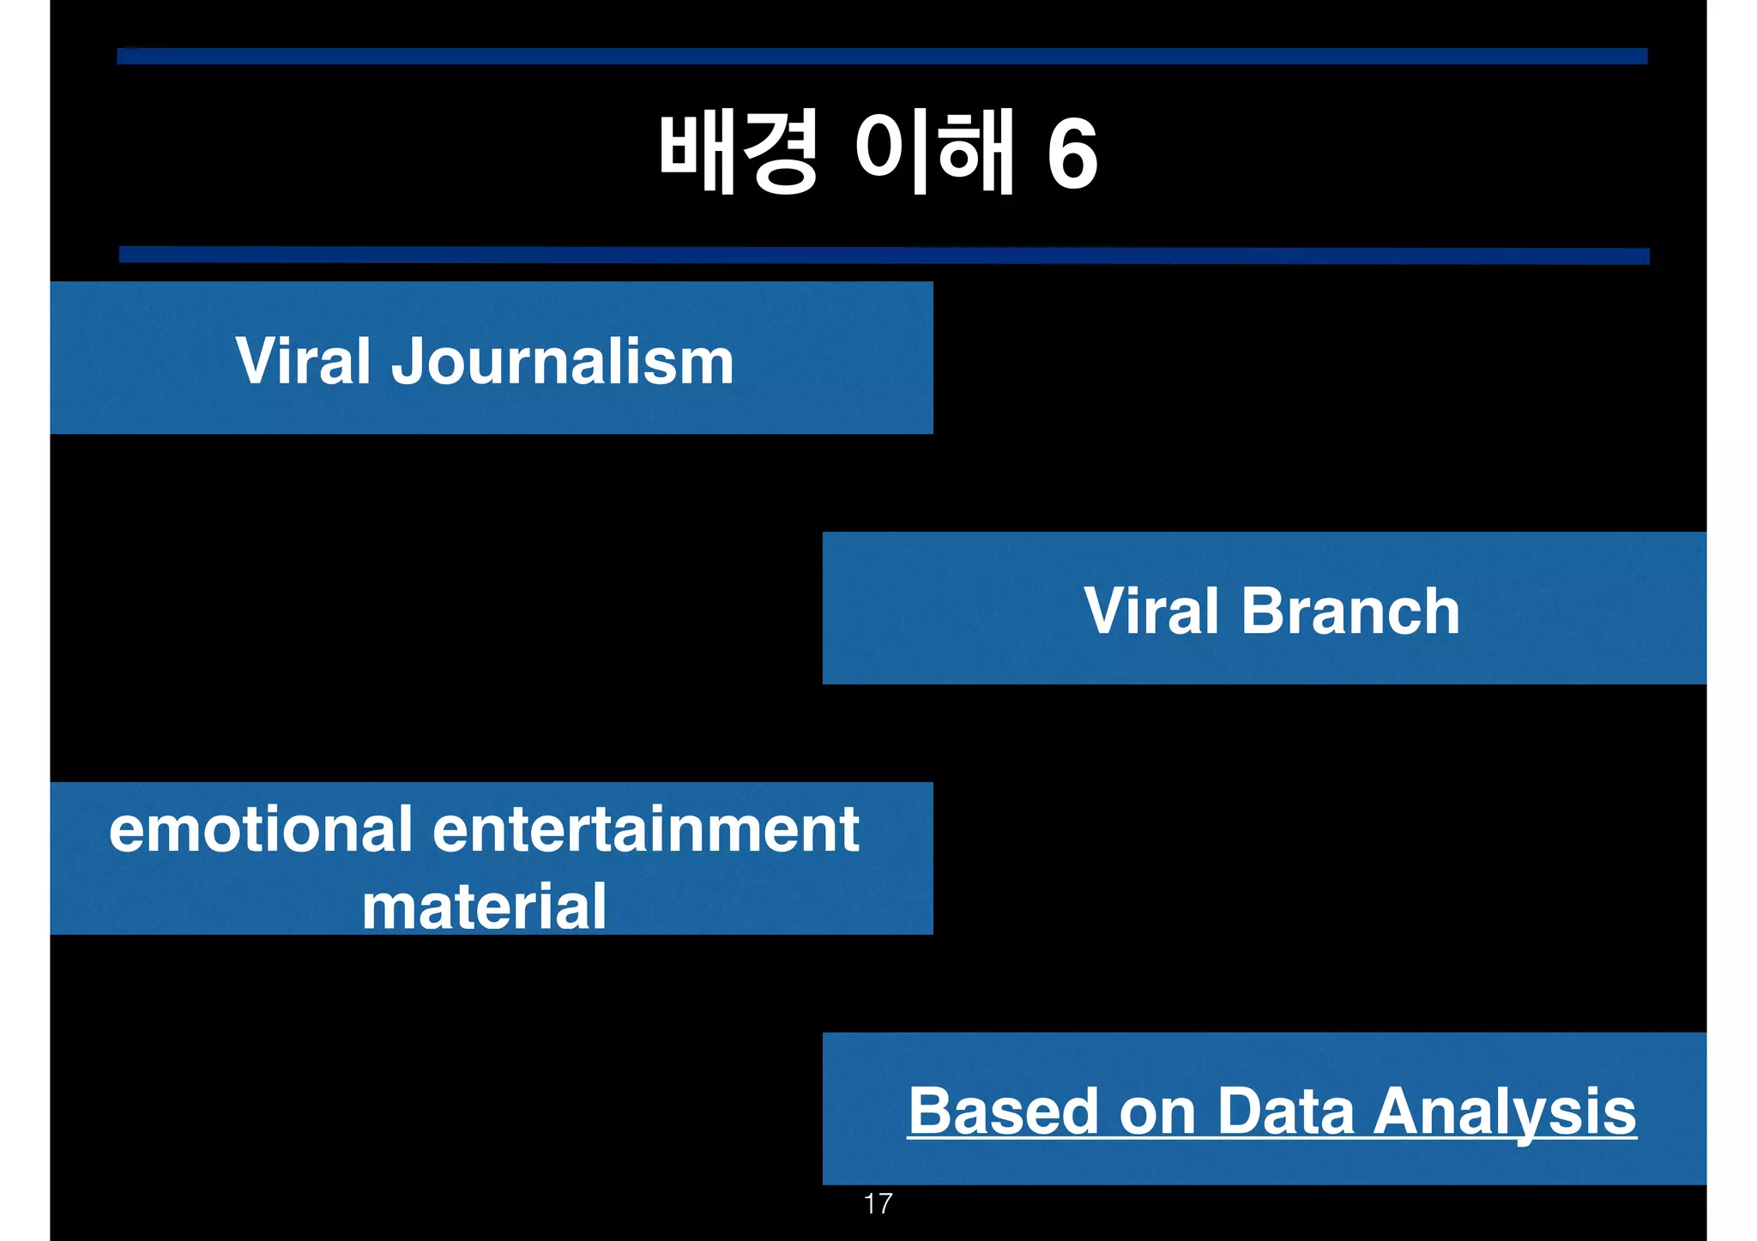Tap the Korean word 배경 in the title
point(738,153)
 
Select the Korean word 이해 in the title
point(935,153)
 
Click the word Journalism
point(563,362)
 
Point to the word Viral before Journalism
point(304,362)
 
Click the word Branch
point(1350,611)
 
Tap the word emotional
point(261,830)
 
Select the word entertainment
point(645,830)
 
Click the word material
point(484,907)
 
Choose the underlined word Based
point(1003,1111)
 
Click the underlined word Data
point(1285,1111)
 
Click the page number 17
point(878,1204)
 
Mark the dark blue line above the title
point(882,57)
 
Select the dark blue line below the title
point(884,256)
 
